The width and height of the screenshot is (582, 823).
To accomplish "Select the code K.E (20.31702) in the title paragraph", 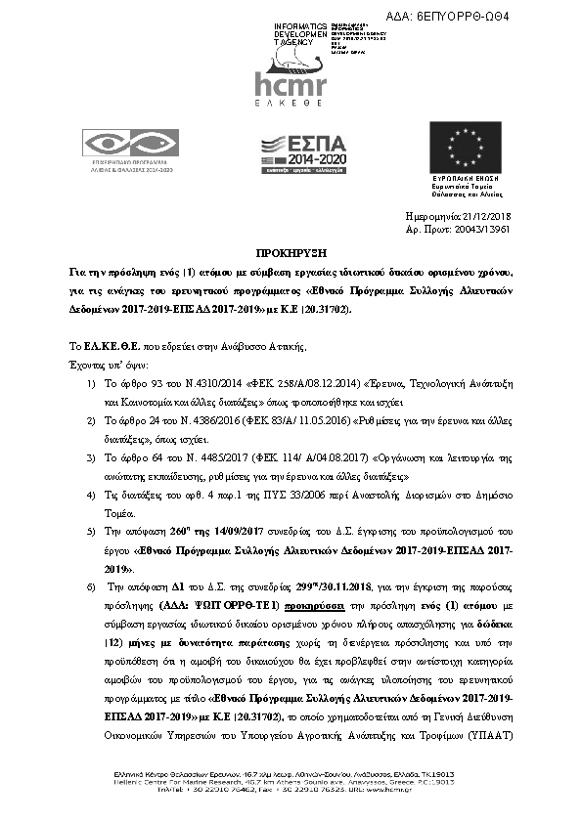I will coord(304,309).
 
